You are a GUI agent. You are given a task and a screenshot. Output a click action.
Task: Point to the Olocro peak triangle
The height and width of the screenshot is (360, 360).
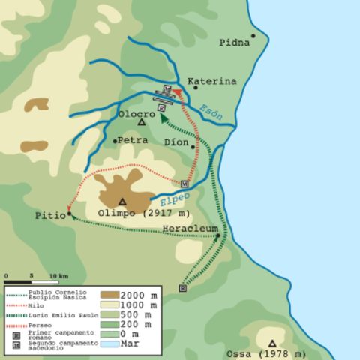[x=140, y=121]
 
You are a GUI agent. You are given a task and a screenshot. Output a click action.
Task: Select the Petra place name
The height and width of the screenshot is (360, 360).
[x=132, y=139]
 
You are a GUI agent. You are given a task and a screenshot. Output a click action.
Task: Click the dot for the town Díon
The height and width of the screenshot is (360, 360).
[x=193, y=147]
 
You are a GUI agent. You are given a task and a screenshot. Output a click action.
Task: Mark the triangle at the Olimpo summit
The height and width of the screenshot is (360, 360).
[x=122, y=201]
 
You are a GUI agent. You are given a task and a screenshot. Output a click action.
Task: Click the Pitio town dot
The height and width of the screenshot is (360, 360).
[x=69, y=212]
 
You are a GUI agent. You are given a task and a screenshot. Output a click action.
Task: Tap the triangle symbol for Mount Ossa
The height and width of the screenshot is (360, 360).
[x=272, y=342]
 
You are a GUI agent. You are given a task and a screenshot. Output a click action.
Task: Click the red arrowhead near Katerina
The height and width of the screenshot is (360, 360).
[x=178, y=91]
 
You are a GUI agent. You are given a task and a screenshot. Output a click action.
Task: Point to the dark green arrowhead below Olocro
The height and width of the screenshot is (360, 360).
[x=163, y=115]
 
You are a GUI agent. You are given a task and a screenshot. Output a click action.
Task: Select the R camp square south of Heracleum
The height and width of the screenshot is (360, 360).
[x=181, y=287]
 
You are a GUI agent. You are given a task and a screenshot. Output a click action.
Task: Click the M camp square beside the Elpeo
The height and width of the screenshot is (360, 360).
[x=184, y=183]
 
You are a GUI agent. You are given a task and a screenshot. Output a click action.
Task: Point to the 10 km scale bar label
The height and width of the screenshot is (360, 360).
[x=59, y=275]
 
